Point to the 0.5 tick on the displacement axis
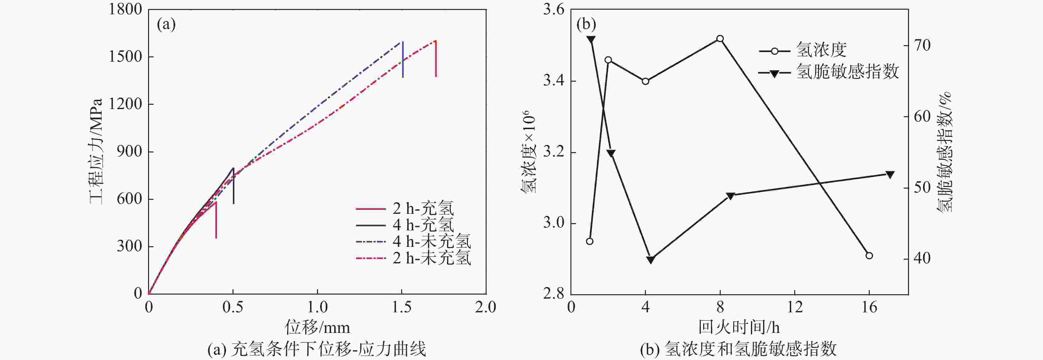[233, 307]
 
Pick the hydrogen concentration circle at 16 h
[869, 256]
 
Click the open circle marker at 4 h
[645, 81]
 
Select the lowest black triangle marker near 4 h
[651, 260]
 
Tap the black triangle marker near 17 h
[890, 175]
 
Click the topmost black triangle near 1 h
[591, 39]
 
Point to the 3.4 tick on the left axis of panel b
[554, 81]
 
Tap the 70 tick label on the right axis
[922, 45]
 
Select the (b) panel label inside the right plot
[586, 25]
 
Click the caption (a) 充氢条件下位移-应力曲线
[317, 349]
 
